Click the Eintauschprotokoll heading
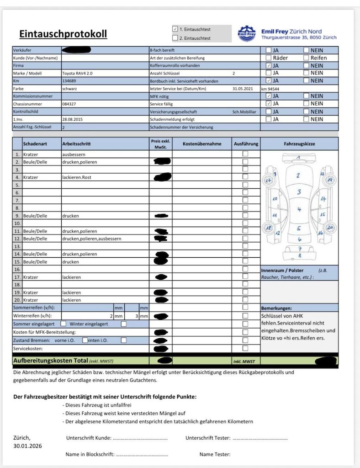tap(63, 34)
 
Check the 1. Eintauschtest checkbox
tap(175, 28)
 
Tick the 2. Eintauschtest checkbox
tap(175, 38)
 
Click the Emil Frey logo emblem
tap(247, 33)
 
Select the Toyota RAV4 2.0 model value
tap(80, 73)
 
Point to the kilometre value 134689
tap(69, 80)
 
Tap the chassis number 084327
tap(69, 104)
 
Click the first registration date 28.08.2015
tap(72, 119)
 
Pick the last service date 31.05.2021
tap(242, 89)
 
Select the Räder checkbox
tap(269, 58)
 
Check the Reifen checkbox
tap(306, 58)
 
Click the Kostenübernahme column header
tap(201, 144)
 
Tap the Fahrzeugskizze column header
tap(299, 144)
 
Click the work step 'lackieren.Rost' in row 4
tap(78, 177)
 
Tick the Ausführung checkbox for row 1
tap(245, 154)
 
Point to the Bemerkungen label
tap(276, 308)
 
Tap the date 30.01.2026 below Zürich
tap(27, 446)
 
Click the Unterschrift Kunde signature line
tap(140, 438)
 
